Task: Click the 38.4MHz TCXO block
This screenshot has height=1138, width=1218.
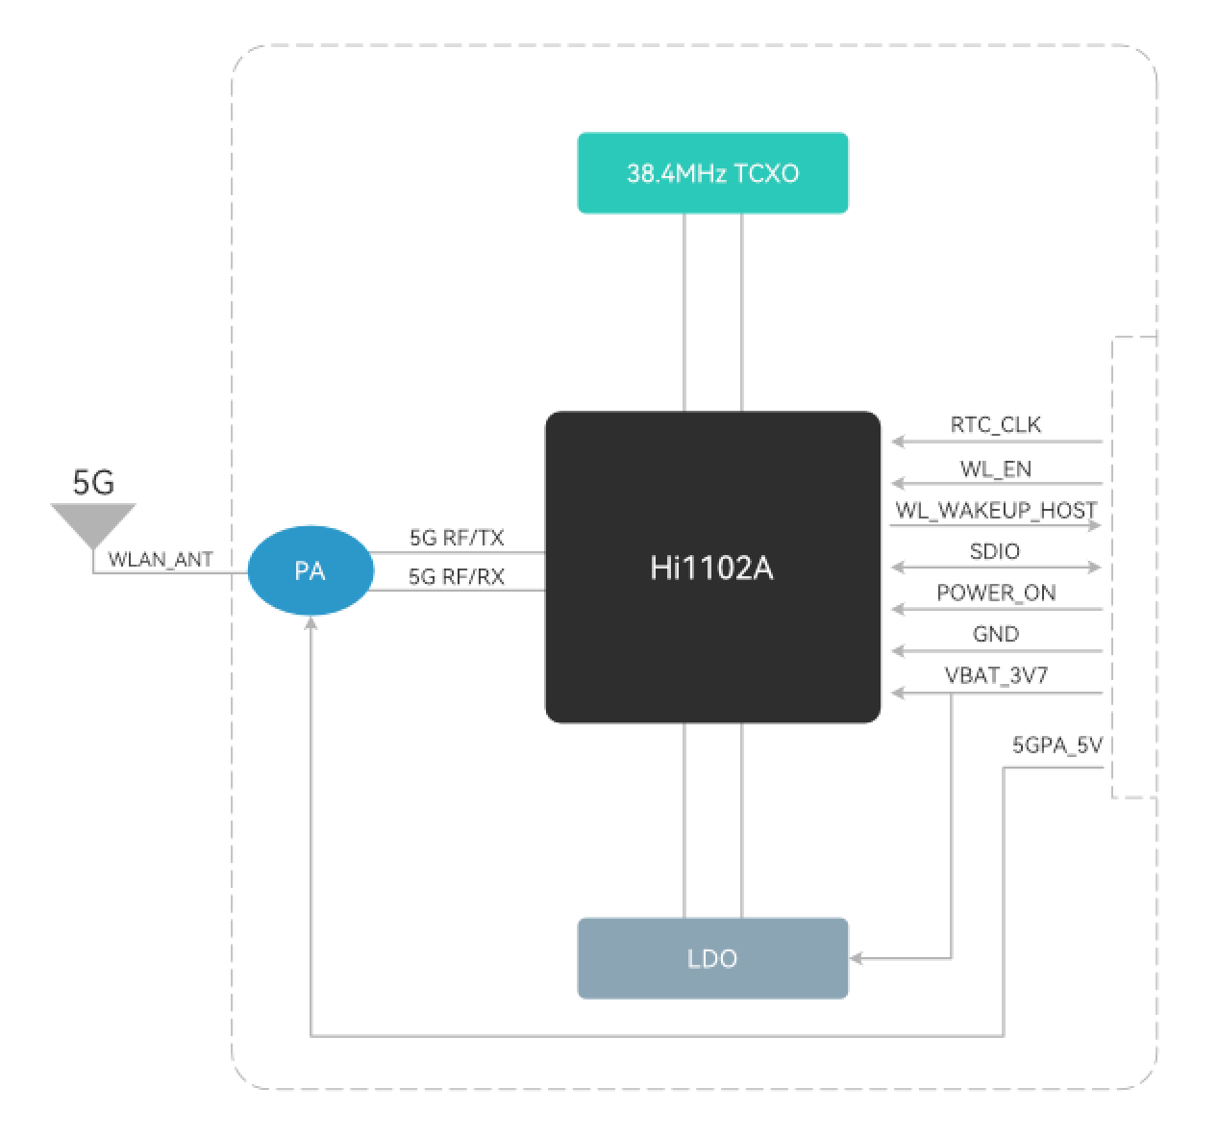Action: (712, 173)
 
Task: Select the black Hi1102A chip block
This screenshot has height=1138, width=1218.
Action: (712, 568)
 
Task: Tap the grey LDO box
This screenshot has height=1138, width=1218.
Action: (712, 958)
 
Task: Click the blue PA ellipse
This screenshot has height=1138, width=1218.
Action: (310, 570)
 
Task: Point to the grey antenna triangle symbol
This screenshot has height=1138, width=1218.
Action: (93, 523)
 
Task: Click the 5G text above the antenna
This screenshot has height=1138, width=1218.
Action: (93, 482)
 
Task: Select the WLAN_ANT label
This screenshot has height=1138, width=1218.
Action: (161, 560)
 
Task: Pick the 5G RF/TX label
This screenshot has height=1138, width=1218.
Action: (457, 538)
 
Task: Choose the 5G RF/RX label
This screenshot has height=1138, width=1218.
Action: (457, 577)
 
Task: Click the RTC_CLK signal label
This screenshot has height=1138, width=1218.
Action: (996, 425)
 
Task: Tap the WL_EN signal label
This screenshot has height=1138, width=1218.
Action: (996, 469)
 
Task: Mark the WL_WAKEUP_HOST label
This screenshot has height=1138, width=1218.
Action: (996, 511)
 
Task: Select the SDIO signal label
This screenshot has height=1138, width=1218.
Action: (995, 551)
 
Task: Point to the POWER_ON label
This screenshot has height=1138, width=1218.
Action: (996, 593)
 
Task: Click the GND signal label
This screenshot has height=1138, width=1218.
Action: (996, 634)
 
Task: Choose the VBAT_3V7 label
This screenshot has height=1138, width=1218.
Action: (996, 675)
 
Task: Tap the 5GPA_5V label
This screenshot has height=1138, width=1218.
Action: (1056, 746)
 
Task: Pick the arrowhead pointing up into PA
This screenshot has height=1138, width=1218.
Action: (311, 623)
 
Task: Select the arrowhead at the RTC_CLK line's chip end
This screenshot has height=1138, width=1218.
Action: (898, 442)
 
